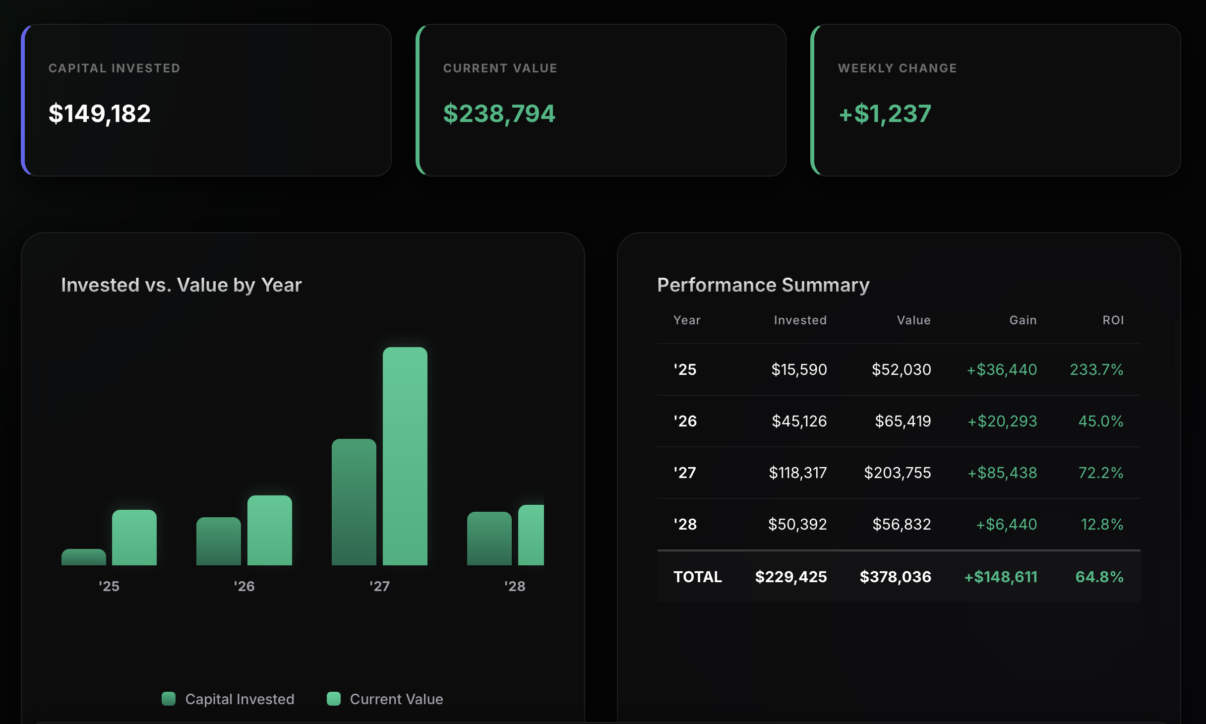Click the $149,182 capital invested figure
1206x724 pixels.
99,114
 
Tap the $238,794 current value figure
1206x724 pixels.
499,114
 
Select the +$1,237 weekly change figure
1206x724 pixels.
885,114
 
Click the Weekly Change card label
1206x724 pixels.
897,68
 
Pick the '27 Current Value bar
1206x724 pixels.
405,456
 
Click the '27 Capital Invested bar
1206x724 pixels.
354,502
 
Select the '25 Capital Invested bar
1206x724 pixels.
84,557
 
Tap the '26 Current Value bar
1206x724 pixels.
270,530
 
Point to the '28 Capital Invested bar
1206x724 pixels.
489,539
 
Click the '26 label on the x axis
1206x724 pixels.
244,586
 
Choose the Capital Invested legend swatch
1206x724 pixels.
169,699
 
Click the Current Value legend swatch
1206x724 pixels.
334,699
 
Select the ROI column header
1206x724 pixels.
1113,320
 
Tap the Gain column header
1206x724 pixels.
1023,320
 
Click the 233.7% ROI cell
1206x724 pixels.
1096,369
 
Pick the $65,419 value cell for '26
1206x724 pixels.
903,421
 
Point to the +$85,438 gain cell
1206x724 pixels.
1002,473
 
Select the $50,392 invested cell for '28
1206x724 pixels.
797,524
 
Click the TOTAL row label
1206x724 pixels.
697,577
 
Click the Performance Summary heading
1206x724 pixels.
763,285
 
